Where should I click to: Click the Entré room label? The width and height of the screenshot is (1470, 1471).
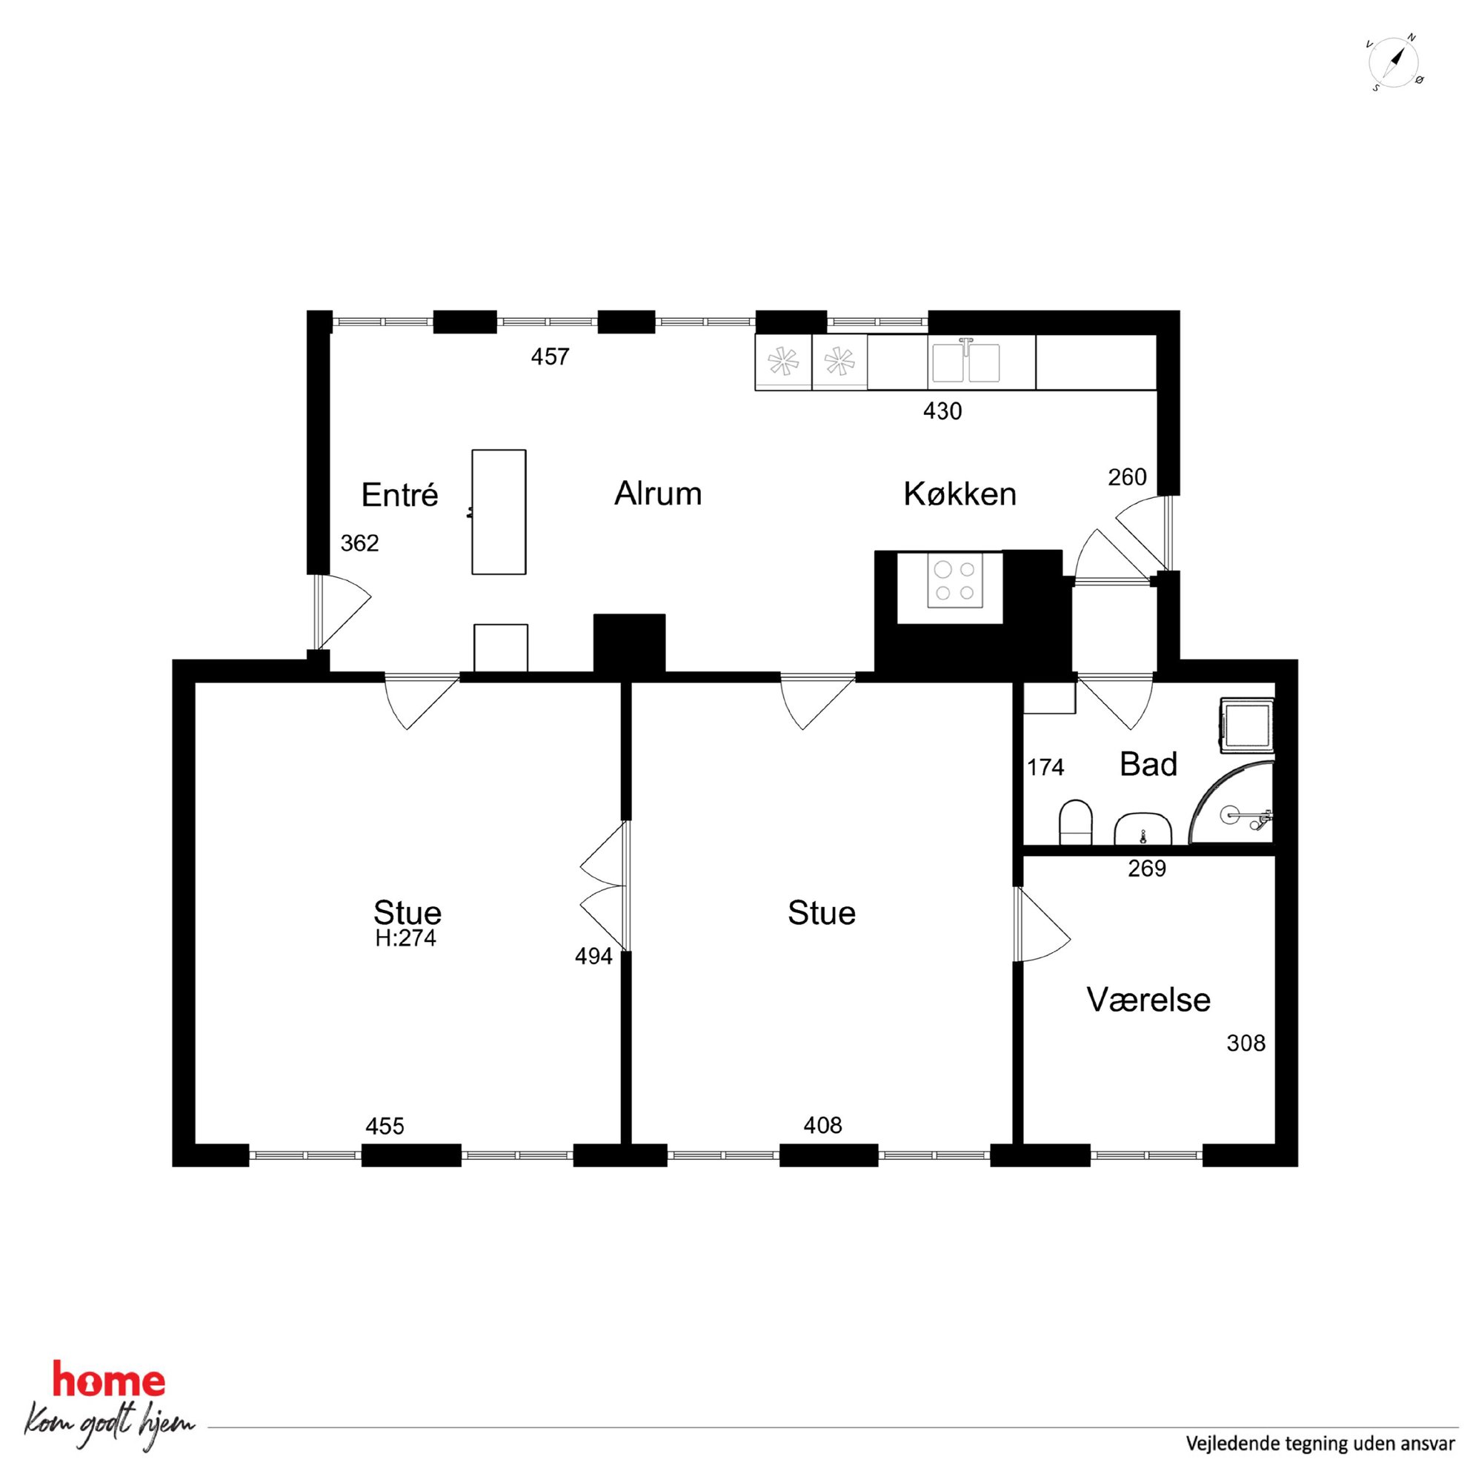[x=399, y=495]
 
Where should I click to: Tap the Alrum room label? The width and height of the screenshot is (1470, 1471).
[x=658, y=494]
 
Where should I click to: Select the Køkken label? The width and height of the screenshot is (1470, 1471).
[x=960, y=494]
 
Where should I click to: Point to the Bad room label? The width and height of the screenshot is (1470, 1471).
[x=1148, y=765]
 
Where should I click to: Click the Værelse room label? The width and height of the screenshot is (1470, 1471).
[x=1148, y=1000]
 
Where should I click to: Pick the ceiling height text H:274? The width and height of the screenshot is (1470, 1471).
[x=405, y=939]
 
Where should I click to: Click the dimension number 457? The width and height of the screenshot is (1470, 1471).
[x=550, y=356]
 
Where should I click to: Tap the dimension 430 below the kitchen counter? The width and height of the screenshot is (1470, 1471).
[x=942, y=411]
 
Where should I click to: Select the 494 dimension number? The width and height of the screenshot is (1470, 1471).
[x=593, y=956]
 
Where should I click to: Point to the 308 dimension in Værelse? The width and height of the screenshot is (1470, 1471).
[x=1245, y=1043]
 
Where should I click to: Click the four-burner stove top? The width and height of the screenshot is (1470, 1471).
[x=954, y=581]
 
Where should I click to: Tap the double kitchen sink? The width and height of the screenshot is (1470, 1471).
[x=966, y=361]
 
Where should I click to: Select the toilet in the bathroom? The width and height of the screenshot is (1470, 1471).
[x=1076, y=822]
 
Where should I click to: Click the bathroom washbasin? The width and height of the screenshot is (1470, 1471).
[x=1143, y=829]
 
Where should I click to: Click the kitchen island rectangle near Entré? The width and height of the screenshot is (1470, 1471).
[x=499, y=511]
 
